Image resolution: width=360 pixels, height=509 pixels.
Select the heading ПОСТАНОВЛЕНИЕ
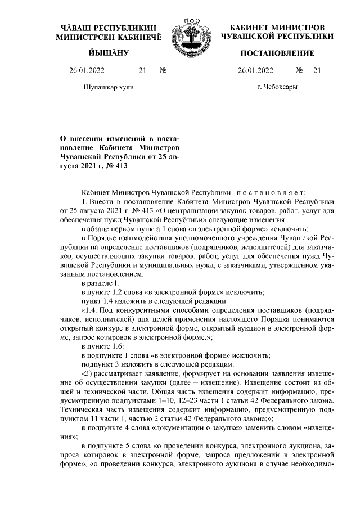pos(277,53)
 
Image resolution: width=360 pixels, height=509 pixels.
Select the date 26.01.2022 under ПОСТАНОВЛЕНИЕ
pos(255,71)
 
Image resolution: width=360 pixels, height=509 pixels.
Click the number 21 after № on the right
pos(317,71)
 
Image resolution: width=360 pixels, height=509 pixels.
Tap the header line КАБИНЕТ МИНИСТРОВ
pos(277,28)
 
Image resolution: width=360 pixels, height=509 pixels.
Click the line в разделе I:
pos(100,283)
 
